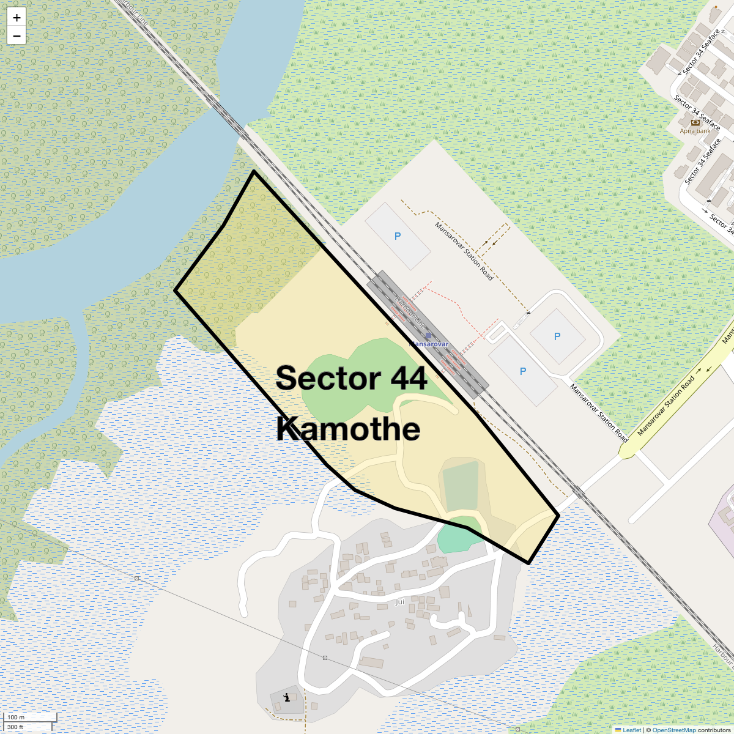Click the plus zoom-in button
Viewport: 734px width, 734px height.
pyautogui.click(x=17, y=18)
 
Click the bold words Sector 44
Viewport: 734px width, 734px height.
pyautogui.click(x=351, y=378)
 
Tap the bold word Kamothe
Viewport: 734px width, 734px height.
pyautogui.click(x=348, y=429)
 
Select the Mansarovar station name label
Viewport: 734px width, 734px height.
pyautogui.click(x=429, y=344)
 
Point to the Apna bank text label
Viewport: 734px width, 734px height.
pyautogui.click(x=695, y=131)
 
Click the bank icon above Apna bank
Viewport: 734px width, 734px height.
pyautogui.click(x=695, y=122)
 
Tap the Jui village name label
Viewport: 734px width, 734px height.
pyautogui.click(x=399, y=602)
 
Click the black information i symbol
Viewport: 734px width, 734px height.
pyautogui.click(x=286, y=697)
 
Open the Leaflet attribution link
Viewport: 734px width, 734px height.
pyautogui.click(x=632, y=730)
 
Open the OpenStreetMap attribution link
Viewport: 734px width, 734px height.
pyautogui.click(x=673, y=730)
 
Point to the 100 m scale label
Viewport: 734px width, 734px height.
pyautogui.click(x=17, y=717)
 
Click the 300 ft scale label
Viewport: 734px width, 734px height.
pyautogui.click(x=15, y=727)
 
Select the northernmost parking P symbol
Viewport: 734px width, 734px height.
pyautogui.click(x=398, y=236)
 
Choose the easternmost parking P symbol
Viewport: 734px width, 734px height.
pyautogui.click(x=557, y=336)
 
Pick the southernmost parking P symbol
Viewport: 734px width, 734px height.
pyautogui.click(x=523, y=371)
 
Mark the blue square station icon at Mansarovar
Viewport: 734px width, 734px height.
pyautogui.click(x=428, y=336)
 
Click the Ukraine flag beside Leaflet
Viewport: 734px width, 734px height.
pyautogui.click(x=618, y=730)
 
